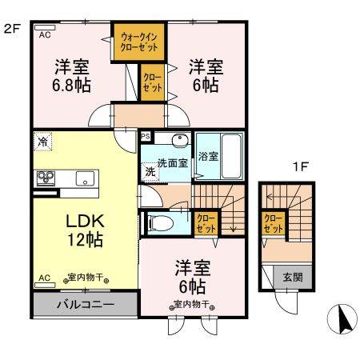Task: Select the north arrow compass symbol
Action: pos(346,320)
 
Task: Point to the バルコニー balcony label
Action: pos(85,306)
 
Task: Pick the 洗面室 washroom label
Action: pos(172,162)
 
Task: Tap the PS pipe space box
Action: pos(145,137)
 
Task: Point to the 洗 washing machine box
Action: pos(150,170)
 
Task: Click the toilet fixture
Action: pos(161,222)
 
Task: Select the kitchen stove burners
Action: pos(42,177)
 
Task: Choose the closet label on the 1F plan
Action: pos(274,223)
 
